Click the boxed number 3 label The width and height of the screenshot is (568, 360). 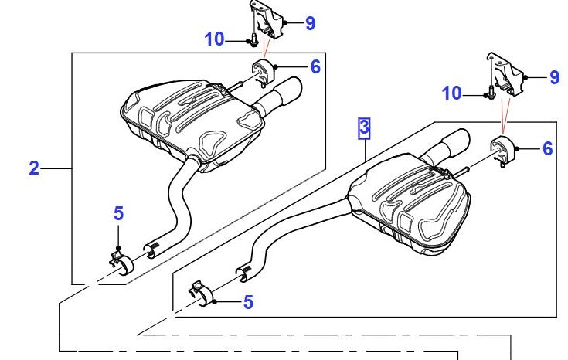pos(364,127)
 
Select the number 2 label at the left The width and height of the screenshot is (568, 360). pos(34,168)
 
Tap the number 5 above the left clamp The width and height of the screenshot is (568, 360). pos(118,212)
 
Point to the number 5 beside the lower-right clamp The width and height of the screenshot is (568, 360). pos(247,302)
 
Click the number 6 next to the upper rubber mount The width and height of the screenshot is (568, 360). pos(315,66)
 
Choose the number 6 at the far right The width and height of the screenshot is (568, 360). pos(547,148)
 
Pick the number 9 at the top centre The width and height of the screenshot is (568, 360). pos(310,23)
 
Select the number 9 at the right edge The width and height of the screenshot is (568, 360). pos(554,76)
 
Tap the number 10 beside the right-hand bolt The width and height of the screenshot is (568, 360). pos(453,94)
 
